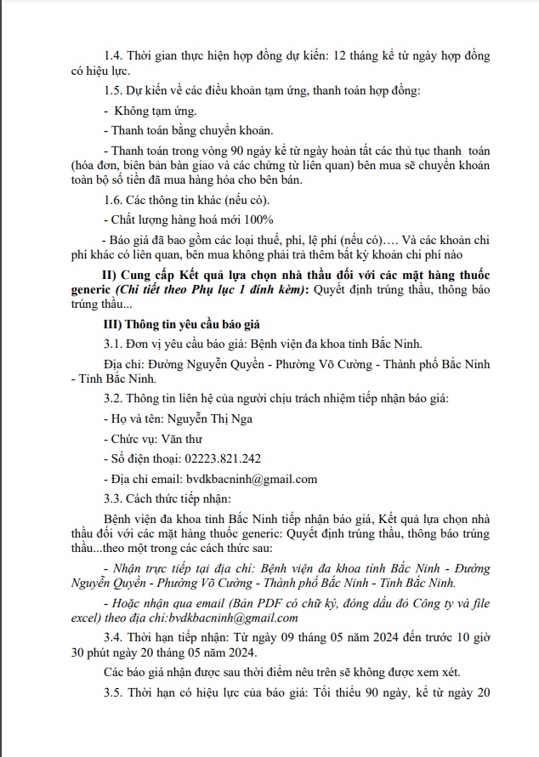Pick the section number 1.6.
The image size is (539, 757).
(113, 200)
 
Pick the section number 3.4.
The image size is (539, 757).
(113, 637)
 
